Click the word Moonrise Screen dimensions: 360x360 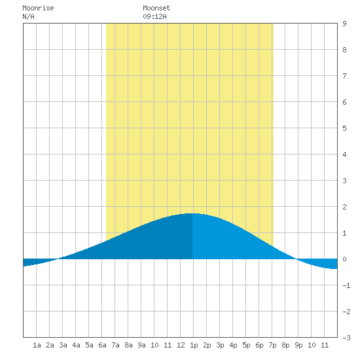click(38, 8)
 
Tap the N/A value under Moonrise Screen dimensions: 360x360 click(28, 16)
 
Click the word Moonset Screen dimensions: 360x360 click(156, 8)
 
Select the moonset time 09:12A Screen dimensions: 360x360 click(154, 16)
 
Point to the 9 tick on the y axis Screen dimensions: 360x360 click(344, 24)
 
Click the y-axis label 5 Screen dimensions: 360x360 click(344, 128)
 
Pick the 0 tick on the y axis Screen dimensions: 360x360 click(344, 259)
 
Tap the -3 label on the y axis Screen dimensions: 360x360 click(346, 338)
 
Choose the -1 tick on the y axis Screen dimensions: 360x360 click(346, 285)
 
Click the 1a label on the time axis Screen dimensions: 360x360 click(37, 345)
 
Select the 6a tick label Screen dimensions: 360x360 click(102, 345)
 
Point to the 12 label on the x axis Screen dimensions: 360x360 click(181, 345)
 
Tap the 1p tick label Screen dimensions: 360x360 click(194, 345)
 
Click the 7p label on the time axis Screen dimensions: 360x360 click(272, 345)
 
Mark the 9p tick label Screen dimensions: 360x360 click(298, 345)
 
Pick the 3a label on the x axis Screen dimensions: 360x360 click(63, 345)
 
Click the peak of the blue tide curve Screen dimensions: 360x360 click(192, 213)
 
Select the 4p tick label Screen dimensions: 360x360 click(233, 345)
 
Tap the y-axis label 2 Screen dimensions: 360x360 click(344, 207)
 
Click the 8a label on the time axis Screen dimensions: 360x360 click(128, 345)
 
